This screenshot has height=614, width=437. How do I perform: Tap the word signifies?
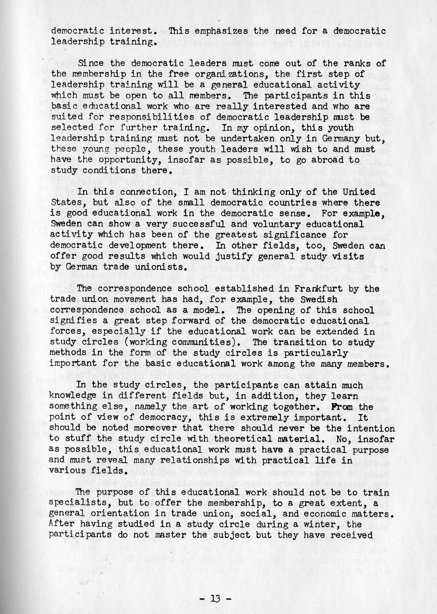coord(72,321)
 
